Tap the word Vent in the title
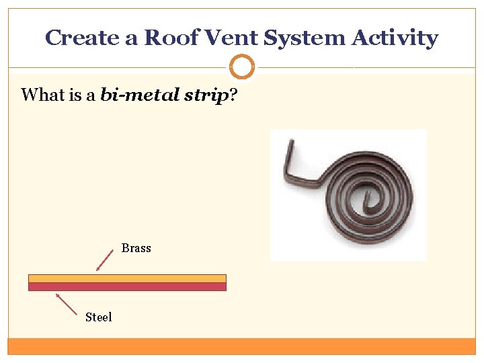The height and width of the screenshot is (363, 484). pos(222,38)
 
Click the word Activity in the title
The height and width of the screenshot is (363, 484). pos(397,38)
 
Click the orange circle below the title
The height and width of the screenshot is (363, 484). pos(242,67)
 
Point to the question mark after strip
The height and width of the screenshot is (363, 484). pos(233,95)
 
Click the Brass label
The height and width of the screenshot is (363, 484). pos(136,248)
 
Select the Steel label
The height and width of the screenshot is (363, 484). pos(99,317)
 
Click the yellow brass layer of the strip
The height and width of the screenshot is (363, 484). pos(127,278)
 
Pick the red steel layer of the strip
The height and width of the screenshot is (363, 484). pos(127,286)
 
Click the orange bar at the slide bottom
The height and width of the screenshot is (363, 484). pos(242,346)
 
